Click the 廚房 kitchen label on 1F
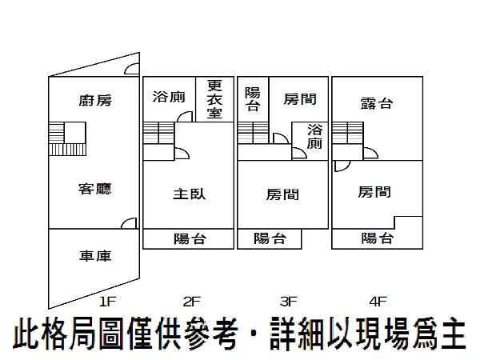(x=95, y=101)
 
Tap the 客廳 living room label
(x=95, y=189)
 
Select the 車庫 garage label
(x=95, y=256)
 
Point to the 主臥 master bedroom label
(x=189, y=194)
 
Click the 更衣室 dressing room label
(x=214, y=99)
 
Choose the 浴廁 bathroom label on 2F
(x=169, y=97)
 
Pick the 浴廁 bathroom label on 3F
(x=314, y=137)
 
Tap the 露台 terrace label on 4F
(x=376, y=103)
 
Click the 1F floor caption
(x=107, y=302)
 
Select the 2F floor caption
(x=192, y=302)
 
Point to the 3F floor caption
(x=288, y=302)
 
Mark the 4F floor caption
(x=378, y=302)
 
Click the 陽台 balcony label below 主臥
(x=190, y=238)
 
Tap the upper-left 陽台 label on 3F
(x=253, y=99)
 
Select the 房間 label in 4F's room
(x=374, y=192)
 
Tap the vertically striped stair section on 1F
(x=67, y=150)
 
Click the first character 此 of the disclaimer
(x=27, y=334)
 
